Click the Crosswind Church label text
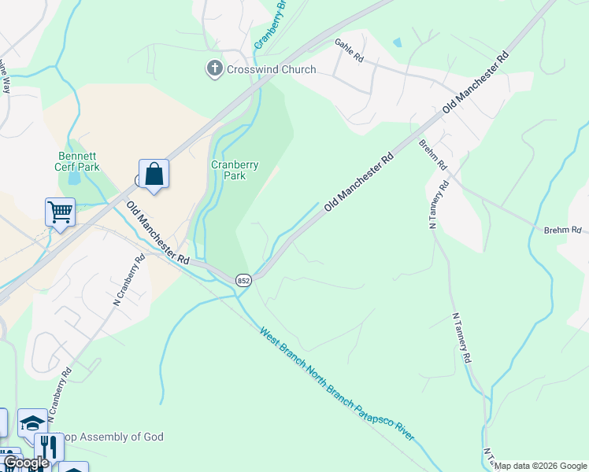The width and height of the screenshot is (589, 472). pos(260,69)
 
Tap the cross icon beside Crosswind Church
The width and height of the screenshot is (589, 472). pos(214,69)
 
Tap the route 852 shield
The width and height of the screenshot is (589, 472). pos(243,281)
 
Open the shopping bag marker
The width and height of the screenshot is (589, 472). pos(154,175)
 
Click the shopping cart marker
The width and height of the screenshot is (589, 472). pos(60,212)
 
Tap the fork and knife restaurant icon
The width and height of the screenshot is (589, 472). pos(50,447)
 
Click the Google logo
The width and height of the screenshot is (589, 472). pos(25,463)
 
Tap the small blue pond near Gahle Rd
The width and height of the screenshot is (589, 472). pos(397,42)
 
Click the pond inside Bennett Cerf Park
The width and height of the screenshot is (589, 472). pos(73,178)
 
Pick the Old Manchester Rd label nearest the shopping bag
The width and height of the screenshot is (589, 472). pos(158,233)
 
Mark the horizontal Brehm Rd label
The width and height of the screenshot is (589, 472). pos(561,230)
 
